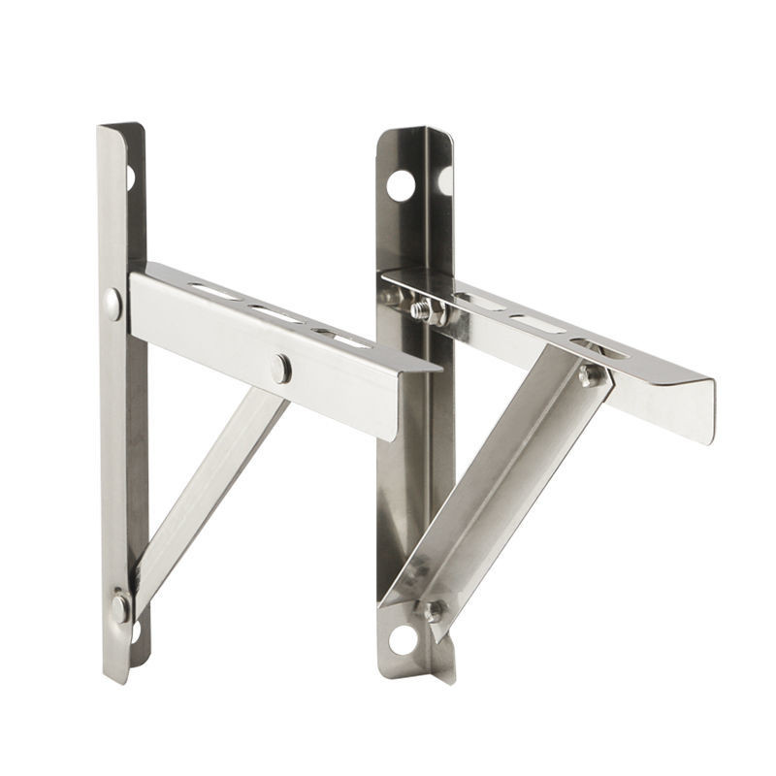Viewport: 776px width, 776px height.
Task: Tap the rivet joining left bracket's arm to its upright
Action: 113,303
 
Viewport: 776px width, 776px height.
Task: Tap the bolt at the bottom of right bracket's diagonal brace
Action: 430,611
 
